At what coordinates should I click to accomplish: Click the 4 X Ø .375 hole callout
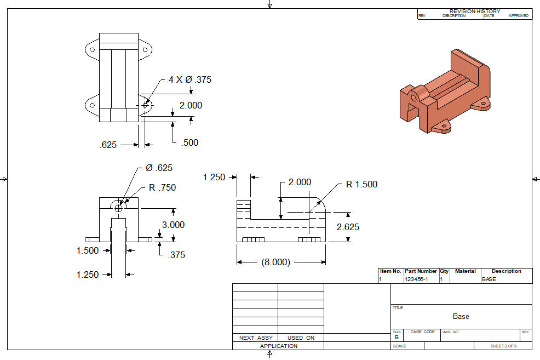pyautogui.click(x=189, y=79)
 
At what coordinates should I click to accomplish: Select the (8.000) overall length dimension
pyautogui.click(x=276, y=262)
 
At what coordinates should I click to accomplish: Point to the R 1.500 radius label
pyautogui.click(x=361, y=184)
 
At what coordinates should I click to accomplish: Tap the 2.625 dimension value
pyautogui.click(x=348, y=227)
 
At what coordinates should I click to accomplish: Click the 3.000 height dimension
pyautogui.click(x=173, y=225)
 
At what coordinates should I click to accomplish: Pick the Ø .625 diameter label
pyautogui.click(x=159, y=168)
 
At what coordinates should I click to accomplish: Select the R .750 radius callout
pyautogui.click(x=162, y=187)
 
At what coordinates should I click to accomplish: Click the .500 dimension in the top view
pyautogui.click(x=189, y=142)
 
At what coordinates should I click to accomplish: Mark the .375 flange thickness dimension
pyautogui.click(x=177, y=255)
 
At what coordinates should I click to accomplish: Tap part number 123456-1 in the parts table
pyautogui.click(x=416, y=279)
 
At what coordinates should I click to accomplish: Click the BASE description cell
pyautogui.click(x=489, y=279)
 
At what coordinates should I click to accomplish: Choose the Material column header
pyautogui.click(x=466, y=271)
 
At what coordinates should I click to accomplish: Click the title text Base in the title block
pyautogui.click(x=461, y=316)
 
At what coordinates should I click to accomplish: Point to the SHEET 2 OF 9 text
pyautogui.click(x=503, y=346)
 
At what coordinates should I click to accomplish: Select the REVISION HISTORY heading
pyautogui.click(x=475, y=12)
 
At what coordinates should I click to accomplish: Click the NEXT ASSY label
pyautogui.click(x=256, y=338)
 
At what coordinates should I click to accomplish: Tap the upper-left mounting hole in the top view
pyautogui.click(x=93, y=50)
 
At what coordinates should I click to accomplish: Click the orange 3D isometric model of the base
pyautogui.click(x=445, y=92)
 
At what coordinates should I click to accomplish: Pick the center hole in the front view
pyautogui.click(x=118, y=208)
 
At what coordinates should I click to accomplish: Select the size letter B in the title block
pyautogui.click(x=397, y=338)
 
